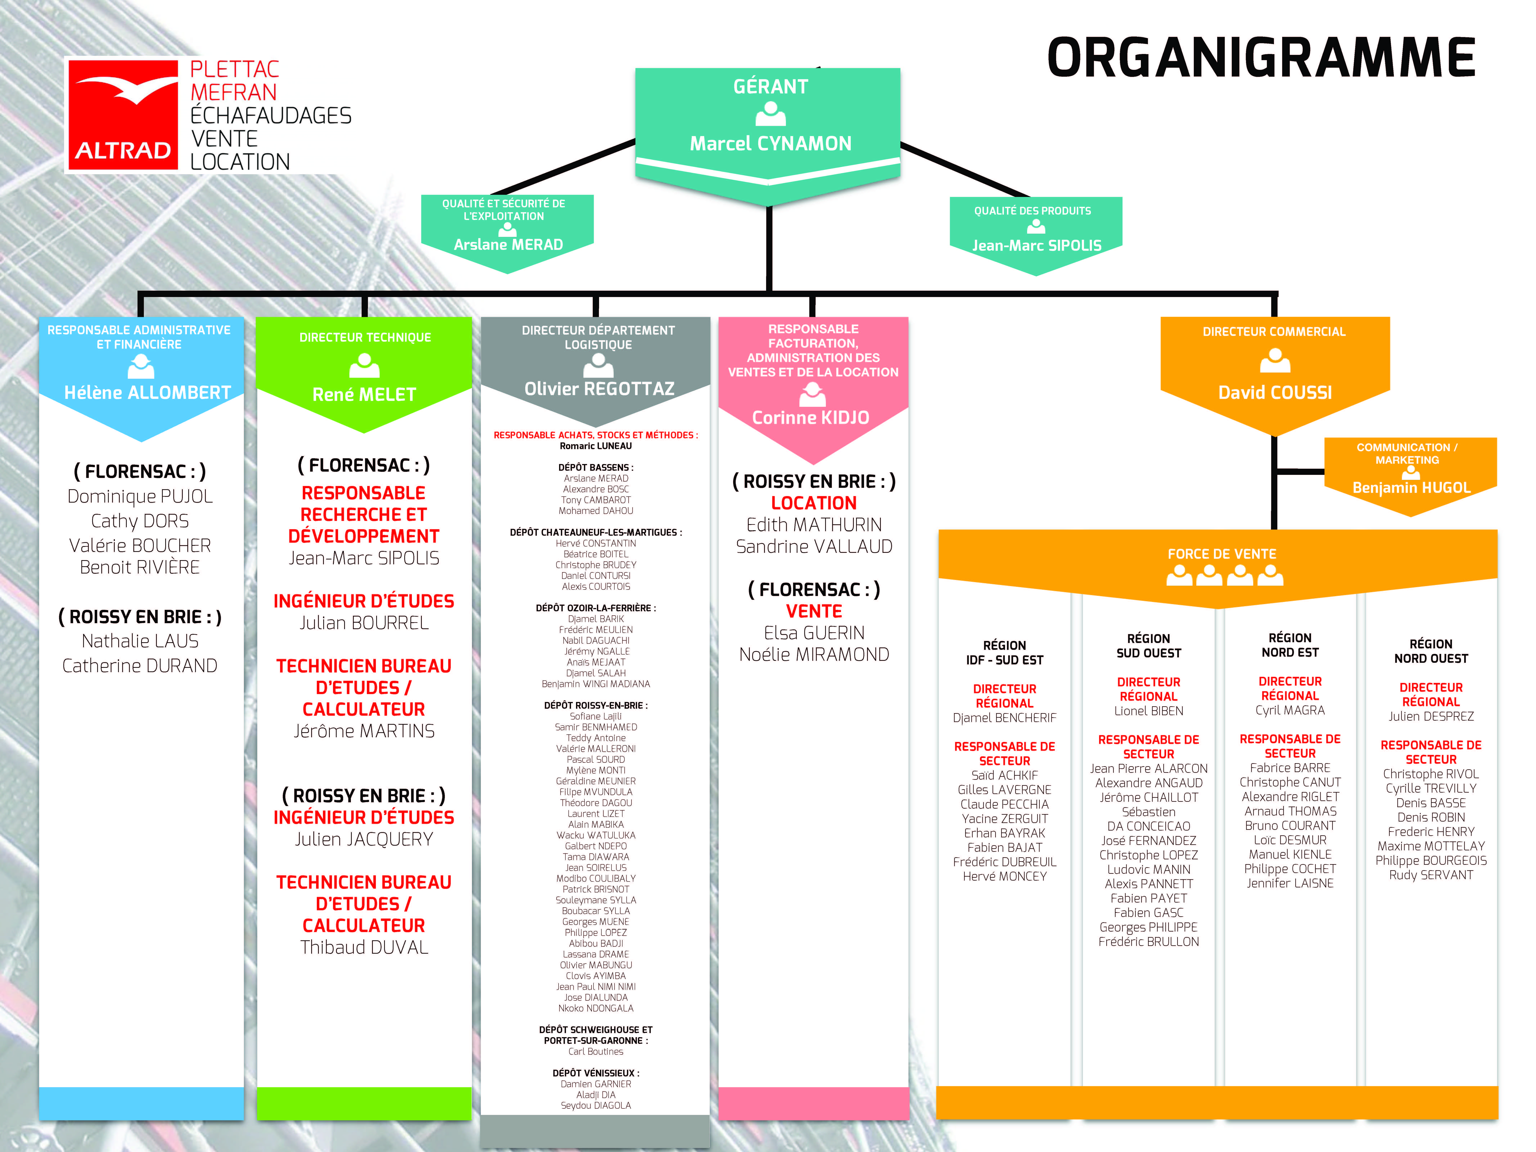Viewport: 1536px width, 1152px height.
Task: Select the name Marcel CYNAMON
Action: pyautogui.click(x=770, y=144)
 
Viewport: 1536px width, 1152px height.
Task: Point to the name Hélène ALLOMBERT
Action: pyautogui.click(x=147, y=393)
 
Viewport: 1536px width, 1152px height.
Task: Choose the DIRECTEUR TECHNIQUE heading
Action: pyautogui.click(x=365, y=337)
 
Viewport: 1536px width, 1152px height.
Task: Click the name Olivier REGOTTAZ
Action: pyautogui.click(x=599, y=389)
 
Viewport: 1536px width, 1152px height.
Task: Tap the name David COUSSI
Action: pyautogui.click(x=1275, y=393)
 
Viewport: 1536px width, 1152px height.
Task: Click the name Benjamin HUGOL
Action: pyautogui.click(x=1411, y=488)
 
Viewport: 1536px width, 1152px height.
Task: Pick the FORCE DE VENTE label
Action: pyautogui.click(x=1222, y=554)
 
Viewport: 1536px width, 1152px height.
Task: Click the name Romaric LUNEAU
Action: pyautogui.click(x=596, y=447)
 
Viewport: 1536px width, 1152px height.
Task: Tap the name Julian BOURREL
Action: pyautogui.click(x=364, y=623)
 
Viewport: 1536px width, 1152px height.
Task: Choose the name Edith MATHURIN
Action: pyautogui.click(x=814, y=525)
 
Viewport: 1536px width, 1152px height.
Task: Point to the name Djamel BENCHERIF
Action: pyautogui.click(x=1004, y=718)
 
